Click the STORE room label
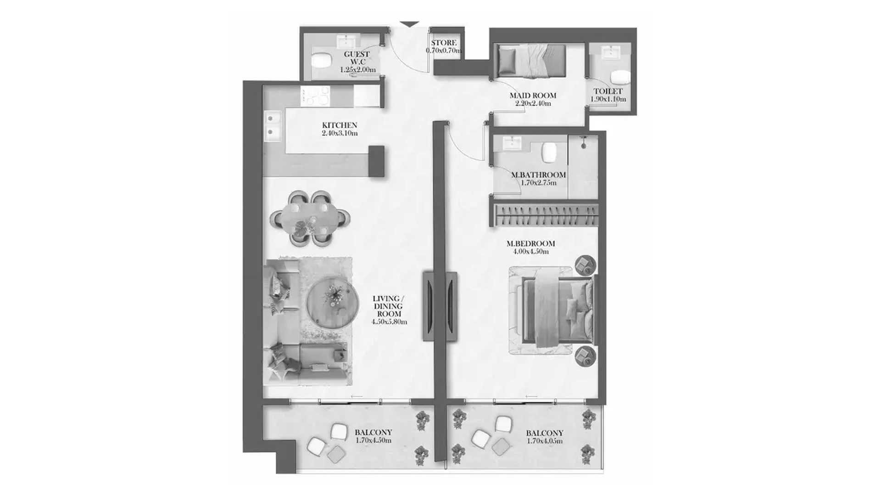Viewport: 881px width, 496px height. tap(444, 43)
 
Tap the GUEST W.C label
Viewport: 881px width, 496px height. tap(357, 58)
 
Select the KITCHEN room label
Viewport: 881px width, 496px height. tap(340, 125)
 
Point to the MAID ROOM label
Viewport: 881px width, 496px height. tap(533, 96)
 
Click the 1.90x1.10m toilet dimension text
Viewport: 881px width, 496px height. tap(608, 99)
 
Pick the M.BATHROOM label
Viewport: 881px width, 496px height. tap(538, 175)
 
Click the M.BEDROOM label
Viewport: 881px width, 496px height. tap(531, 243)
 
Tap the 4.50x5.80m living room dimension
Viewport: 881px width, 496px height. tap(389, 322)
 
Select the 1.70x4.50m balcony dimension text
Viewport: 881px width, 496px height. tap(374, 440)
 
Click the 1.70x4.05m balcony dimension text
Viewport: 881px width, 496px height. tap(545, 441)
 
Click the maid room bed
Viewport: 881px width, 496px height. tap(530, 61)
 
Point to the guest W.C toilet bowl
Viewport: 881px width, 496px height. tap(321, 60)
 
